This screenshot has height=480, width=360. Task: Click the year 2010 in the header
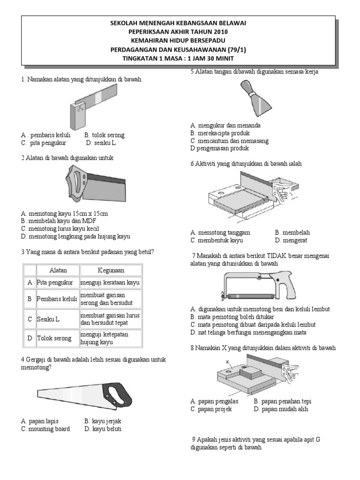219,31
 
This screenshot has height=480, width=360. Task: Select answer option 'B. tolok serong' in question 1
105,135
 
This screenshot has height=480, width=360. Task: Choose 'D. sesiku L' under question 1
101,143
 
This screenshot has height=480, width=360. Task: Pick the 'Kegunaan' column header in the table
111,270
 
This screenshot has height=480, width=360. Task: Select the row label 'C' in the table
30,319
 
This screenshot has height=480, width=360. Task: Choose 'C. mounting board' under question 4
45,429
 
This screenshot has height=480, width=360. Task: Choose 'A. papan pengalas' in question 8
215,401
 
